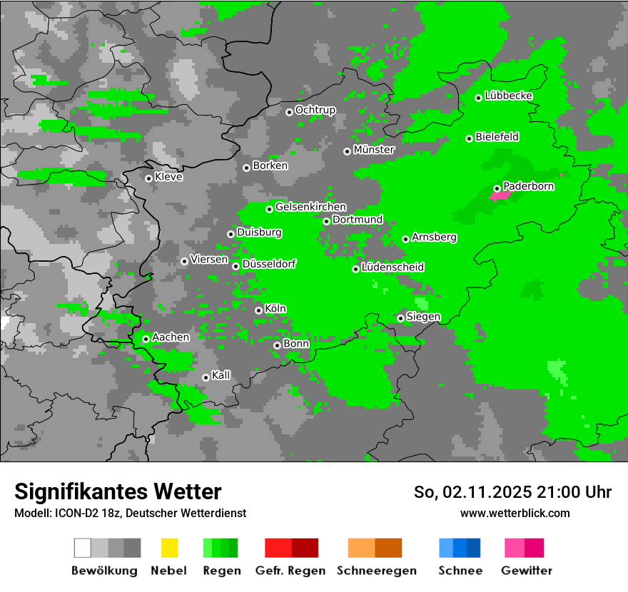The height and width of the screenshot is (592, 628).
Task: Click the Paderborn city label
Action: point(529,186)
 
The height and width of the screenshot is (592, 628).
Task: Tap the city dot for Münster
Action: point(348,151)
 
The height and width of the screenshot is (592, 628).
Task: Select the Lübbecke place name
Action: point(509,96)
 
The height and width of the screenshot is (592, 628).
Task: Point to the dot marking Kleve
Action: point(148,178)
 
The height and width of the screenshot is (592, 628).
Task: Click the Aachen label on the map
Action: point(171,337)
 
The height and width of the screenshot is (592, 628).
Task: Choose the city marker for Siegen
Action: point(401,318)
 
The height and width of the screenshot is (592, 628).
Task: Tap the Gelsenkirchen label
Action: point(311,207)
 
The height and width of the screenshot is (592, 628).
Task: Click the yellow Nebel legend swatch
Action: point(169,548)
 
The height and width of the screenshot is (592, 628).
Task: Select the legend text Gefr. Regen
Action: point(290,571)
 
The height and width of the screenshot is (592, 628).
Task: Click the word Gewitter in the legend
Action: point(527,571)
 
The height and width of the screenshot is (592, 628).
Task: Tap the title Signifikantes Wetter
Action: point(118,491)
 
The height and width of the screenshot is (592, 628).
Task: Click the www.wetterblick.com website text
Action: point(515,513)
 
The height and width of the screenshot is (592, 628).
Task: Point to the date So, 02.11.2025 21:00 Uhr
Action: point(512,492)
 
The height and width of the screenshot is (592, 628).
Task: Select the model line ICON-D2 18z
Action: point(130,513)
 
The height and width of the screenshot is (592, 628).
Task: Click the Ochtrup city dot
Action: point(289,111)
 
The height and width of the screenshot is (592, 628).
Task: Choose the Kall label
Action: point(221,375)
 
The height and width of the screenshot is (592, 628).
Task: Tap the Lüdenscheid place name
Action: point(393,267)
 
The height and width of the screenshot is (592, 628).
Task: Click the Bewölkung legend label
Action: point(104,571)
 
